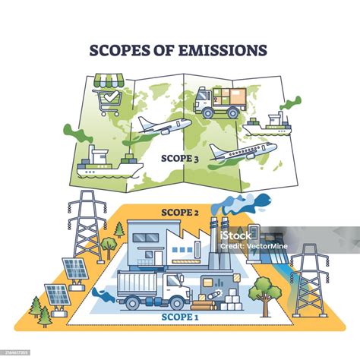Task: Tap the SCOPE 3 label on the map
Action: coord(179,158)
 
